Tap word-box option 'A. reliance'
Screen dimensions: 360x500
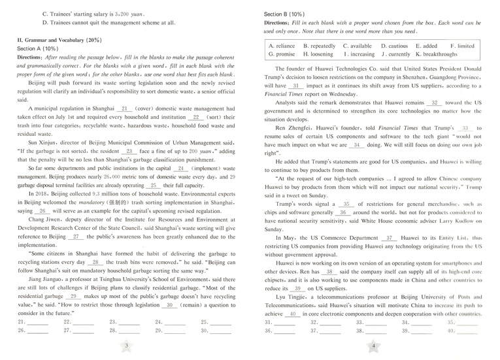click(282, 46)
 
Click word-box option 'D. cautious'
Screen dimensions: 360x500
click(394, 46)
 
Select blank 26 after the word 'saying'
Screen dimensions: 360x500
click(42, 211)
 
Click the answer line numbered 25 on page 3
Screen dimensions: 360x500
click(221, 322)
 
